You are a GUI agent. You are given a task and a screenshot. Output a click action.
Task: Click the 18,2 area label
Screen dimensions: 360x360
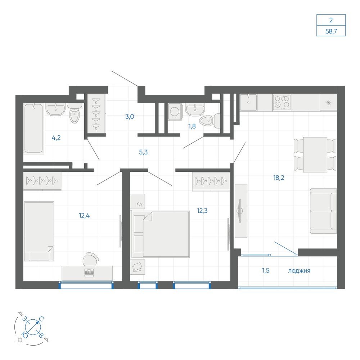(x=279, y=177)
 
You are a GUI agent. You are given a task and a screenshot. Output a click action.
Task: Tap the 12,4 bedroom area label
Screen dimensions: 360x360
(x=84, y=215)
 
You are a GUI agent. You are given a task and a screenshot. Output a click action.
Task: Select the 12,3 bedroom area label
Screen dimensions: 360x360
(x=202, y=211)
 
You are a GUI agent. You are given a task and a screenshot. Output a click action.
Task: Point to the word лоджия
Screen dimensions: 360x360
(x=299, y=271)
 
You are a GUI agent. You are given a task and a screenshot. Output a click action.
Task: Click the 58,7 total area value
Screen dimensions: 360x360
(x=331, y=31)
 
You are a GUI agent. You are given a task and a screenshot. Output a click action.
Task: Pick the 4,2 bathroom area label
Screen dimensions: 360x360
(x=56, y=138)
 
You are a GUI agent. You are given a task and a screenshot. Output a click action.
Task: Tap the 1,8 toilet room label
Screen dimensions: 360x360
(x=192, y=126)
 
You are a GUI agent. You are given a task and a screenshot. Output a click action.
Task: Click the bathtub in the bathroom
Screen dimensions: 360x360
(x=33, y=128)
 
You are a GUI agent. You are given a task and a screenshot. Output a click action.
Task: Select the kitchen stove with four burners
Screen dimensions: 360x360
(x=282, y=102)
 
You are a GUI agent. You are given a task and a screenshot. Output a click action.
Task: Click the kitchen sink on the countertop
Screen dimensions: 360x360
(x=248, y=103)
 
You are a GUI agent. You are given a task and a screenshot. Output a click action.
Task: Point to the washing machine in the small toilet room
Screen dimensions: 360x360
(x=175, y=112)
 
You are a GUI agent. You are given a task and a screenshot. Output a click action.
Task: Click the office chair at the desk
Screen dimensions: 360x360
(x=91, y=259)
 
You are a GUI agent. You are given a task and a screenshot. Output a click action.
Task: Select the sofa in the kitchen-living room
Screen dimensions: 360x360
(x=323, y=211)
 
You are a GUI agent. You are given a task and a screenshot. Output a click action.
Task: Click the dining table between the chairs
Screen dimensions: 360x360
(x=315, y=154)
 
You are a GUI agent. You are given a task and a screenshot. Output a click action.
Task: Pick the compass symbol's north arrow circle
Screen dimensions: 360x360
(x=33, y=327)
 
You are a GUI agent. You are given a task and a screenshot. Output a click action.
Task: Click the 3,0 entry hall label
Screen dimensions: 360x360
(x=130, y=117)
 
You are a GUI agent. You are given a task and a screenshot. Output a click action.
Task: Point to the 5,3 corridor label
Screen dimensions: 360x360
(x=143, y=152)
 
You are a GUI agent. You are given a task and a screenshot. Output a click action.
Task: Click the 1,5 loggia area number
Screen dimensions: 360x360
(x=266, y=270)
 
